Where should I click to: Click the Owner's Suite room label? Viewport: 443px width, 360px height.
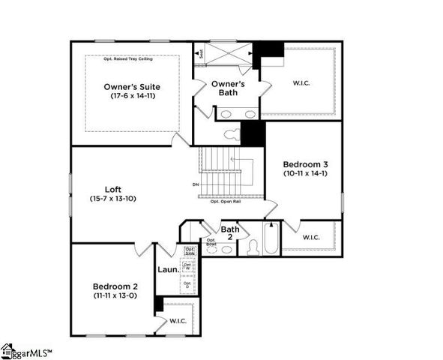click(131, 87)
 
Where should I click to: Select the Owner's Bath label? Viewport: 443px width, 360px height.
click(225, 88)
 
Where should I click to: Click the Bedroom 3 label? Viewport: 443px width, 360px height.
click(304, 163)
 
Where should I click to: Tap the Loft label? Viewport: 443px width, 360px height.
click(114, 190)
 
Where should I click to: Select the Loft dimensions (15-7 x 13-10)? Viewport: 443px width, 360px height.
click(114, 200)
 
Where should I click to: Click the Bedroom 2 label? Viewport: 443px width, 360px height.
click(115, 286)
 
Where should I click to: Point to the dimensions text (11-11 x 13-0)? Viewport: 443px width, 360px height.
click(115, 295)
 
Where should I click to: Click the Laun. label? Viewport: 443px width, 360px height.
click(168, 269)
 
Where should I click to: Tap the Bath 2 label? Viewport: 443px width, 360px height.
click(230, 233)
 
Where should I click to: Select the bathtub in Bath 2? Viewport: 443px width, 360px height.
click(271, 238)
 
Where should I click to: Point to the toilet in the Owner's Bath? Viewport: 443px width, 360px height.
click(232, 135)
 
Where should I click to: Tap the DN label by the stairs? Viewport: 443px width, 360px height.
click(195, 183)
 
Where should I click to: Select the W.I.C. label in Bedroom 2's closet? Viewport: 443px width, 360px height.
click(178, 321)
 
